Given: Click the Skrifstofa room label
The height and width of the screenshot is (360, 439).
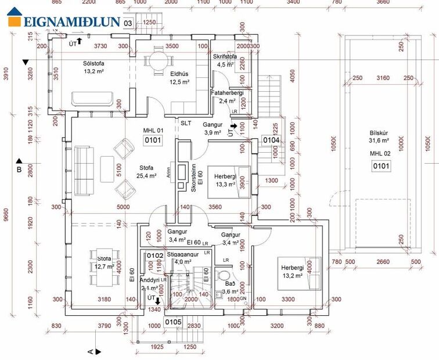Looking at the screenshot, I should pyautogui.click(x=225, y=57).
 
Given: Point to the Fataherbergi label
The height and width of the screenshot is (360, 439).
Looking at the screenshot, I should pyautogui.click(x=227, y=92).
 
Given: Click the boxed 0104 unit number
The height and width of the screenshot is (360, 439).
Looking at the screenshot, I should pyautogui.click(x=271, y=140).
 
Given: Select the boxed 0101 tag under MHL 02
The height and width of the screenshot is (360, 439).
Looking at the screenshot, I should pyautogui.click(x=382, y=166).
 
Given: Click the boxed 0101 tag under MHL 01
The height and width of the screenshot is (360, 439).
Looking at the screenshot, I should pyautogui.click(x=153, y=140).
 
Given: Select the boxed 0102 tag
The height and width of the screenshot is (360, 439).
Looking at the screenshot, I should pyautogui.click(x=154, y=255).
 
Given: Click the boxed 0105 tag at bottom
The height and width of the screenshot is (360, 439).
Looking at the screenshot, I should pyautogui.click(x=174, y=322).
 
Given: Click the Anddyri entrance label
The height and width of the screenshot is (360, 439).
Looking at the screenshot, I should pyautogui.click(x=149, y=279).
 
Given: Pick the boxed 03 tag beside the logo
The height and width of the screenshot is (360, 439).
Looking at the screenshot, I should pyautogui.click(x=128, y=23).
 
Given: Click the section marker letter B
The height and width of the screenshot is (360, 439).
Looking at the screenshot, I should pyautogui.click(x=19, y=170).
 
